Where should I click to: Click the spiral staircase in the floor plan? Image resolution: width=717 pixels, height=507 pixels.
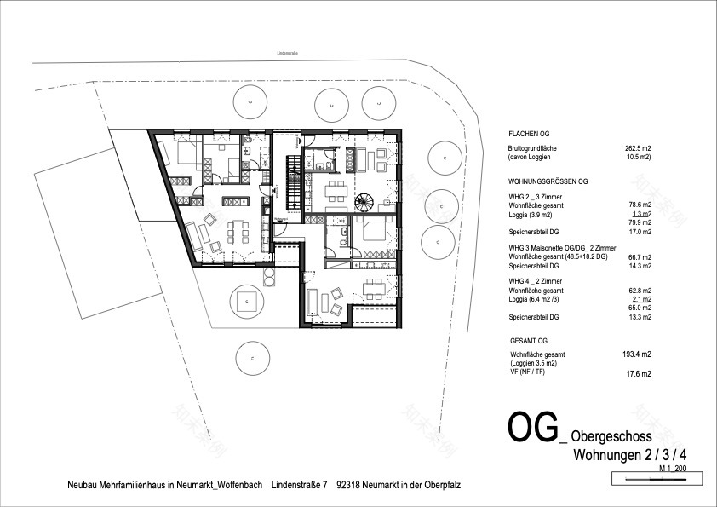364,204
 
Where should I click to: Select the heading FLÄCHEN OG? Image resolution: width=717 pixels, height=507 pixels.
529,134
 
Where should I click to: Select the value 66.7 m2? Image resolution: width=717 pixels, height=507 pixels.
640,256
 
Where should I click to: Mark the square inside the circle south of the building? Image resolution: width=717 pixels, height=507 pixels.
246,302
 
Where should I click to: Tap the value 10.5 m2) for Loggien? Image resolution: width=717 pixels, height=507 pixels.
637,158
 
